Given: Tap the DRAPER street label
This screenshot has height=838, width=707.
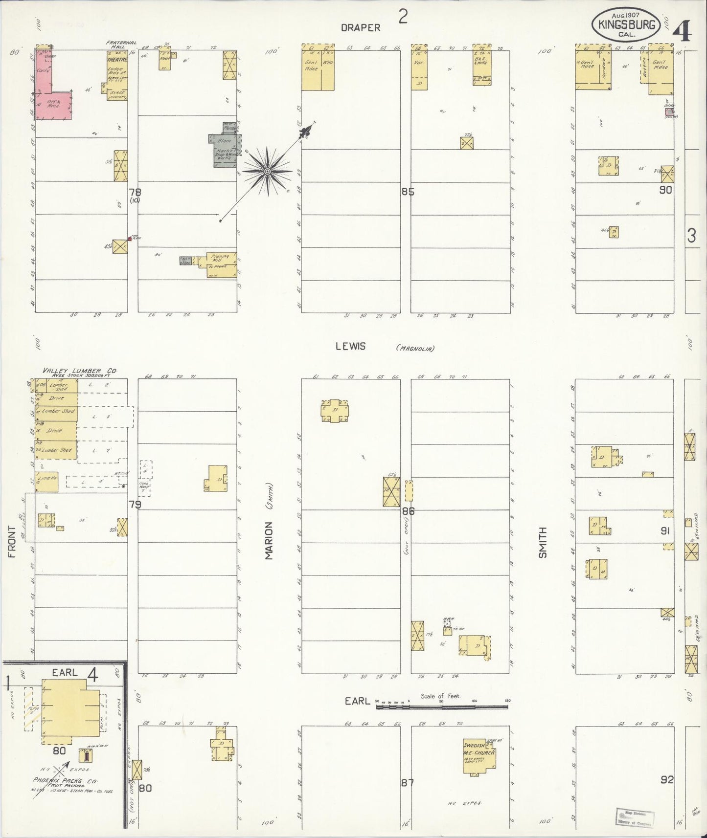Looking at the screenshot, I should click(361, 28).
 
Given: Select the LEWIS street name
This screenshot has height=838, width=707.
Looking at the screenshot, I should click(350, 346).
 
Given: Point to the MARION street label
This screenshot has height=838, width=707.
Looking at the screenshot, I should click(269, 541).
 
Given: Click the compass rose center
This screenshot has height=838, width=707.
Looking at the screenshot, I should click(267, 172).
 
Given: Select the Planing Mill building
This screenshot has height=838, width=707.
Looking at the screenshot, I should click(221, 264).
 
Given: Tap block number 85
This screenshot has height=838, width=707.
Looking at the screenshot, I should click(408, 192).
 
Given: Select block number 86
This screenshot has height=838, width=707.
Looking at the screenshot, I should click(408, 511).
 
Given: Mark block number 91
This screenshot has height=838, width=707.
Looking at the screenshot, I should click(665, 530).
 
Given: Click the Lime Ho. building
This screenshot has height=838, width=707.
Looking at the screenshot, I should click(47, 481).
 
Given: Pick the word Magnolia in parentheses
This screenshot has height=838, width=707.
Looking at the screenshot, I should click(415, 348).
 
